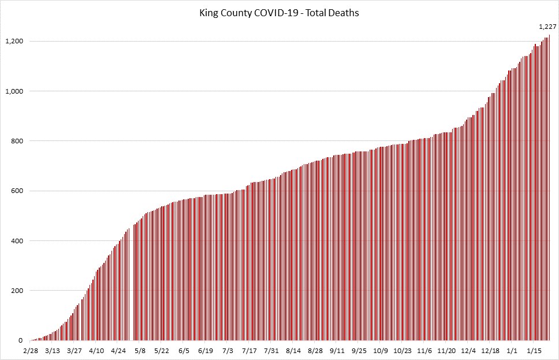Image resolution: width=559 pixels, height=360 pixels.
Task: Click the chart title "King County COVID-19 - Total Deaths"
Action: [279, 13]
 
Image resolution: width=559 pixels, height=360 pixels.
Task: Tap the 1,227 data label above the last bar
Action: [547, 27]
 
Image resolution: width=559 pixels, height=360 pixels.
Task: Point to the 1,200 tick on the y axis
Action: [14, 41]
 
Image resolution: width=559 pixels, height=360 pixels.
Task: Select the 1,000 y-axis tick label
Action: [14, 91]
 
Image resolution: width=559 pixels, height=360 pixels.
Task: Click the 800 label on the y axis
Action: [17, 141]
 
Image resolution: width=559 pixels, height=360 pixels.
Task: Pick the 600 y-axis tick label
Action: [17, 191]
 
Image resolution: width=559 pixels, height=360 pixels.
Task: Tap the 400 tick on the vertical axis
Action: [17, 241]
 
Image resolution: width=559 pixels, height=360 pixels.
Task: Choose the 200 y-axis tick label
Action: [17, 291]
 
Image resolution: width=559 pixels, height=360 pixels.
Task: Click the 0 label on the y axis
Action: [20, 341]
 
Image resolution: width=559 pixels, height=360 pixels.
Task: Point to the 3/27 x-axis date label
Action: [74, 351]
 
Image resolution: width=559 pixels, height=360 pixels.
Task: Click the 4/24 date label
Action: [118, 351]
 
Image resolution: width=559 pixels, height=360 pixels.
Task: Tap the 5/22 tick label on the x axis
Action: [162, 351]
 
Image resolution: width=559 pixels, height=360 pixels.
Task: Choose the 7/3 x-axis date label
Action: [228, 351]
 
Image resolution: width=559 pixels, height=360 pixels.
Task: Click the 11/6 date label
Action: [424, 351]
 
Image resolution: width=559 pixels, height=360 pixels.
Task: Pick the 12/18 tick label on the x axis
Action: [490, 351]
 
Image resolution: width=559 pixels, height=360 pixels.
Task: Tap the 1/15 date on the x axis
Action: [534, 351]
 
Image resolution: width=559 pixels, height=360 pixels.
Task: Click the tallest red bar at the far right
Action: [549, 191]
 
